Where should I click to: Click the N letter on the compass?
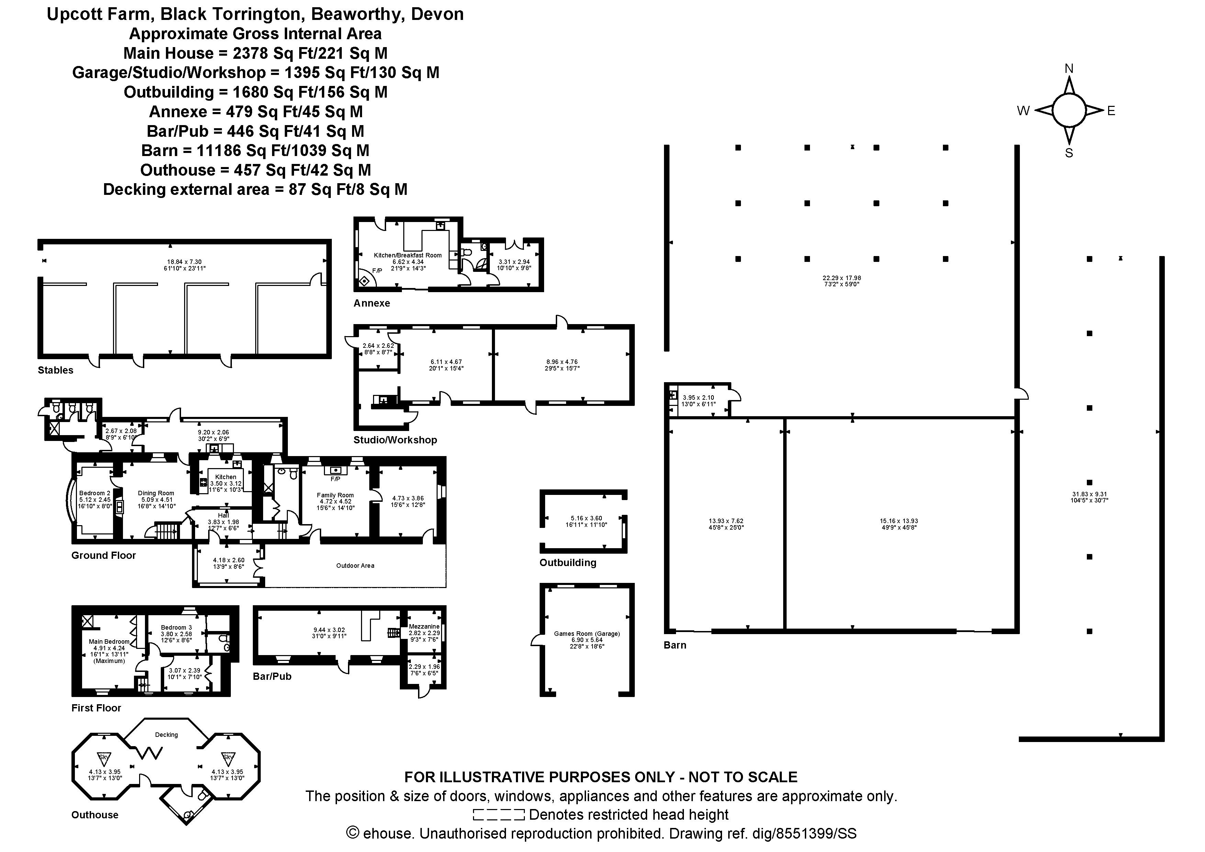click(1069, 69)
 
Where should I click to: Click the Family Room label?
click(335, 495)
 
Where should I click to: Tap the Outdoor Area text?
click(355, 565)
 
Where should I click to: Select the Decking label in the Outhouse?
click(166, 734)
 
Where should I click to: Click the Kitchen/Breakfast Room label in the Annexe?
click(407, 255)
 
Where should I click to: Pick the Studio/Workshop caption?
click(395, 440)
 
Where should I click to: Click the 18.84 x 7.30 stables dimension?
click(184, 262)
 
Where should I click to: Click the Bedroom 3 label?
click(176, 627)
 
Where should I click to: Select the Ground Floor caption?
click(103, 555)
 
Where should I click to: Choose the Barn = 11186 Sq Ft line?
click(255, 151)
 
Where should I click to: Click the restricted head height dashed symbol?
click(498, 815)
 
